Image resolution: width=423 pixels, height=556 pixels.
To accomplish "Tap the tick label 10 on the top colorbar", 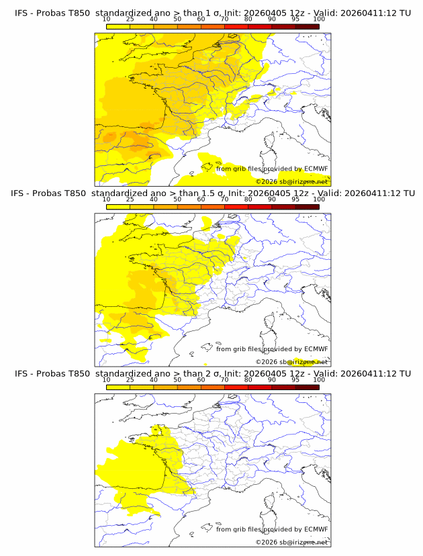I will [106, 19].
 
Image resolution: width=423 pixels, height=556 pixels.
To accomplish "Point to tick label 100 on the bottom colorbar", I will [319, 380].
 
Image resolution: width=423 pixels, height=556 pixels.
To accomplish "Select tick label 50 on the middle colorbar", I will [177, 199].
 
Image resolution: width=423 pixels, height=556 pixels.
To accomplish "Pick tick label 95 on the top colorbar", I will [295, 19].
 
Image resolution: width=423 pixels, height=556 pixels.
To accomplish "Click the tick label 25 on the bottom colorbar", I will [130, 380].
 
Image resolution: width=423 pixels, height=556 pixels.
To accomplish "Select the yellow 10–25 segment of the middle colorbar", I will [118, 207].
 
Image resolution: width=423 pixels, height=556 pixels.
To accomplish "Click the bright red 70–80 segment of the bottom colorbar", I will [236, 387].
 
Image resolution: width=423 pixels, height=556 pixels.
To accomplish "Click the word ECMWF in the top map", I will [316, 169].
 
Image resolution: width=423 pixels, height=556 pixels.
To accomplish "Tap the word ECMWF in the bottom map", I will [316, 530].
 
